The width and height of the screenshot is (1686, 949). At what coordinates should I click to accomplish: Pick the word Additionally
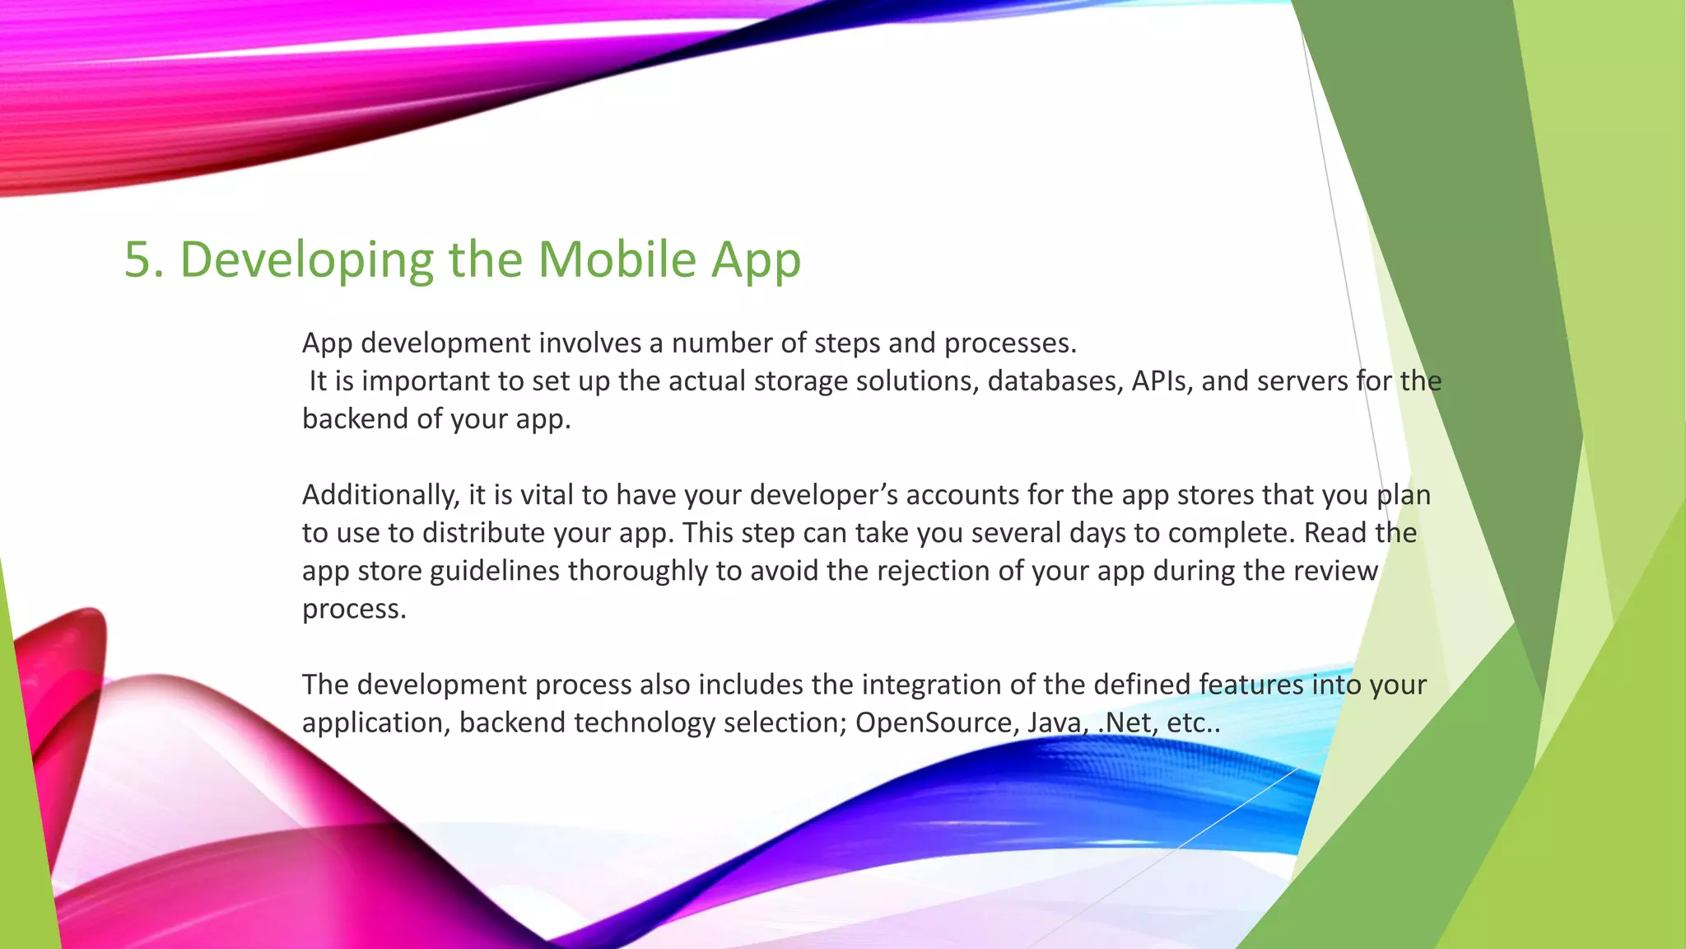pyautogui.click(x=380, y=495)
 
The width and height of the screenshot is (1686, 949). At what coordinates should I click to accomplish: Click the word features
pyautogui.click(x=1251, y=685)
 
